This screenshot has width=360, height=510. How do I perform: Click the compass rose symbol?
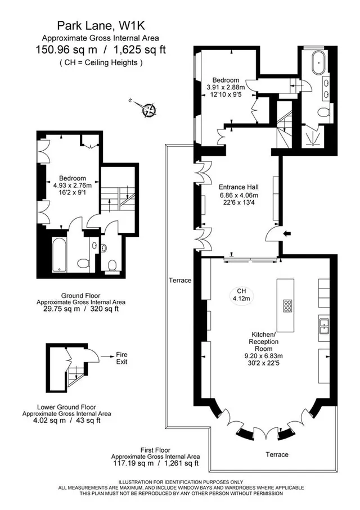[149, 109]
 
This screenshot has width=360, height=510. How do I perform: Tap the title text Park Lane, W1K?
[101, 25]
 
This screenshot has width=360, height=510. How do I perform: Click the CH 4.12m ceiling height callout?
[241, 295]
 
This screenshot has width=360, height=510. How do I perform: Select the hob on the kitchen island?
[288, 306]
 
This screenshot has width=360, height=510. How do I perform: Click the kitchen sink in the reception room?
[324, 326]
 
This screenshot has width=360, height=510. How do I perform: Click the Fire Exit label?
[121, 358]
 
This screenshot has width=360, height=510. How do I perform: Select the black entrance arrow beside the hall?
[288, 233]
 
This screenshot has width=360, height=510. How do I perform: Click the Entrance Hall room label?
[238, 187]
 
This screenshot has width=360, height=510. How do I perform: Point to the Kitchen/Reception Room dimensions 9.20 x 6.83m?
[264, 356]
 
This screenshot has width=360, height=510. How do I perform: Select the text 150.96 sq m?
[66, 50]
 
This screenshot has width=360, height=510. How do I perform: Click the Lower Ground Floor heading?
[66, 407]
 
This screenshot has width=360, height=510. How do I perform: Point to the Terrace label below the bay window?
[277, 454]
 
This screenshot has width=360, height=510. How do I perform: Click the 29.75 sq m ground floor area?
[61, 309]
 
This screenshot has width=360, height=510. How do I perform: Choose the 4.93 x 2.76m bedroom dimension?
[72, 186]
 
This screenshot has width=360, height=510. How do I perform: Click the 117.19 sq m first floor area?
[133, 463]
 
